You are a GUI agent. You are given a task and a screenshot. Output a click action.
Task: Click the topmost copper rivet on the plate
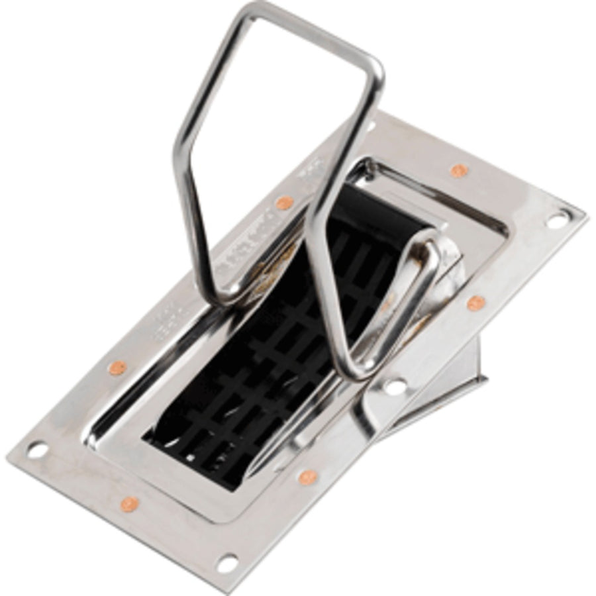[x=459, y=171]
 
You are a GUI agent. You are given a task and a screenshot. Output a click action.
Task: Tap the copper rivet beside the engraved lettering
[x=284, y=203]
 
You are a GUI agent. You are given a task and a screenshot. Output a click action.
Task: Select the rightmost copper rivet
[x=475, y=303]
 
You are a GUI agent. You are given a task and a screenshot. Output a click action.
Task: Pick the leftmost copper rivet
[x=117, y=368]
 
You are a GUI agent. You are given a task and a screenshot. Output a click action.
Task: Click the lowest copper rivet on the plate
[x=129, y=504]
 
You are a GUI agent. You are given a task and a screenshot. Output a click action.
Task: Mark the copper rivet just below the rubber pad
[x=307, y=477]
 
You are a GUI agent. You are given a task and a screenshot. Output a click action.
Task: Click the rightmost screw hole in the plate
[x=557, y=219]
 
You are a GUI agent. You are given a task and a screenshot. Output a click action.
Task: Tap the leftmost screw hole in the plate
[x=37, y=450]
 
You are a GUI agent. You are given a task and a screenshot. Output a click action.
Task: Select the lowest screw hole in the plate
[x=227, y=563]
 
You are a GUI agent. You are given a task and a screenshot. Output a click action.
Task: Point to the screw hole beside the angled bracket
[x=395, y=386]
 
